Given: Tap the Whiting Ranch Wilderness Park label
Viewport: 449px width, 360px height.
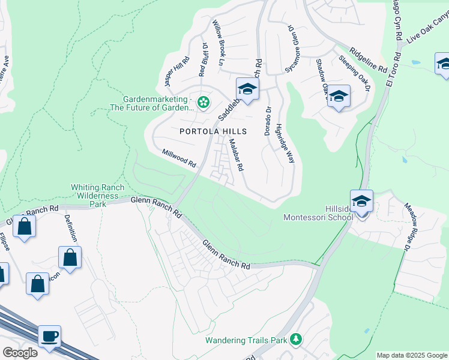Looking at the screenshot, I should tap(97, 196).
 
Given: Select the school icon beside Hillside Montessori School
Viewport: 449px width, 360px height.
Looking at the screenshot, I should tap(361, 202).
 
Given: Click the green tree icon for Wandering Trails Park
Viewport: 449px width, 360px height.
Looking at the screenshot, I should tap(295, 340).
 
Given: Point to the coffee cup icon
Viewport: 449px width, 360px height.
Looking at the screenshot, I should tap(49, 336).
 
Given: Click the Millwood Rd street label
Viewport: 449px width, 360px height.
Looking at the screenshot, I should tap(179, 159).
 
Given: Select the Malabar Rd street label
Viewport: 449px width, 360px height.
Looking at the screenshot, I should tap(236, 155).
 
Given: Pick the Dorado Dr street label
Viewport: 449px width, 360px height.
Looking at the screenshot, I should tap(268, 121).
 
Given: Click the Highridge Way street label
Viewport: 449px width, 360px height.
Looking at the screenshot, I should tap(285, 144).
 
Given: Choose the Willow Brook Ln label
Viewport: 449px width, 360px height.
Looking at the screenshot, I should tap(217, 43).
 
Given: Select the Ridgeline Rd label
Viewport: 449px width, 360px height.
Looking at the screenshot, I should tap(369, 61).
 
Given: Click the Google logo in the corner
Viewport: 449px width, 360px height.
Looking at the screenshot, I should tap(20, 353).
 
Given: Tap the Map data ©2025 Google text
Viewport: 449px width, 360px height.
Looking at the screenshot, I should tap(411, 355).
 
